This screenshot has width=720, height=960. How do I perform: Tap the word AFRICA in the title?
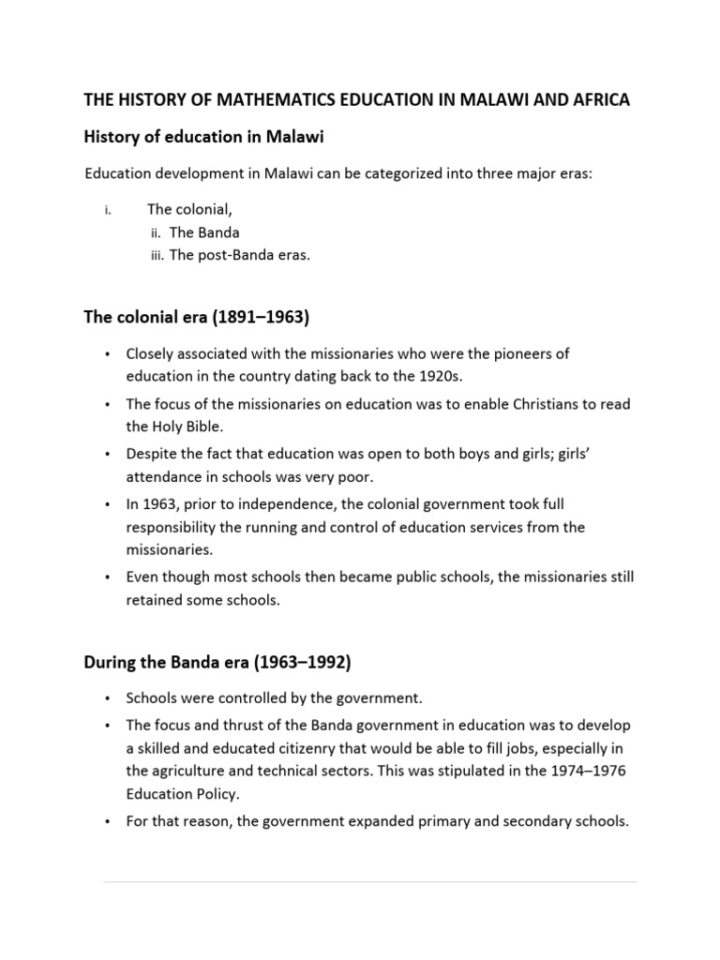coord(597,100)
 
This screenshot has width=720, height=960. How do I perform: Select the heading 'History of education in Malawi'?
coord(203,138)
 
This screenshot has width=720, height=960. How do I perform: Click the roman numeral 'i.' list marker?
coord(108,211)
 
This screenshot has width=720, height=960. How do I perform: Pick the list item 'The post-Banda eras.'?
coord(239,254)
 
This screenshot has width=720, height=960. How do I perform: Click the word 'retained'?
coord(156,600)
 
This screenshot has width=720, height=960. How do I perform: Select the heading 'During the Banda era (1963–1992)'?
coord(217,663)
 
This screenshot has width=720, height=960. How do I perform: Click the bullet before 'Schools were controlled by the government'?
coord(108,698)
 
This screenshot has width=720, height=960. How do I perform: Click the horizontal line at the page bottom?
coord(369,882)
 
